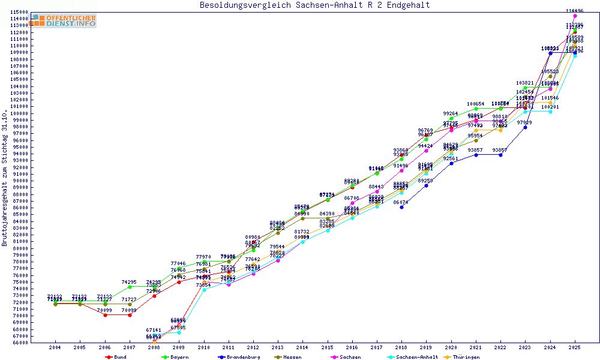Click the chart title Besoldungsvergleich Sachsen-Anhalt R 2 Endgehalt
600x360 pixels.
314,5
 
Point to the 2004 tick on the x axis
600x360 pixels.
55,347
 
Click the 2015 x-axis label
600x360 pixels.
327,347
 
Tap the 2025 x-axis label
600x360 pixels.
575,347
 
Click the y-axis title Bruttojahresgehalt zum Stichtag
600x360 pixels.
5,178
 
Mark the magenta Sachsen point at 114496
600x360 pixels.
575,16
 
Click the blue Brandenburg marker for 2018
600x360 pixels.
401,208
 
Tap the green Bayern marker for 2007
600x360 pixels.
130,287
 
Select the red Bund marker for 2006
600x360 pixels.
105,315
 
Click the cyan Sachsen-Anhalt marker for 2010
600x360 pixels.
204,290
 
